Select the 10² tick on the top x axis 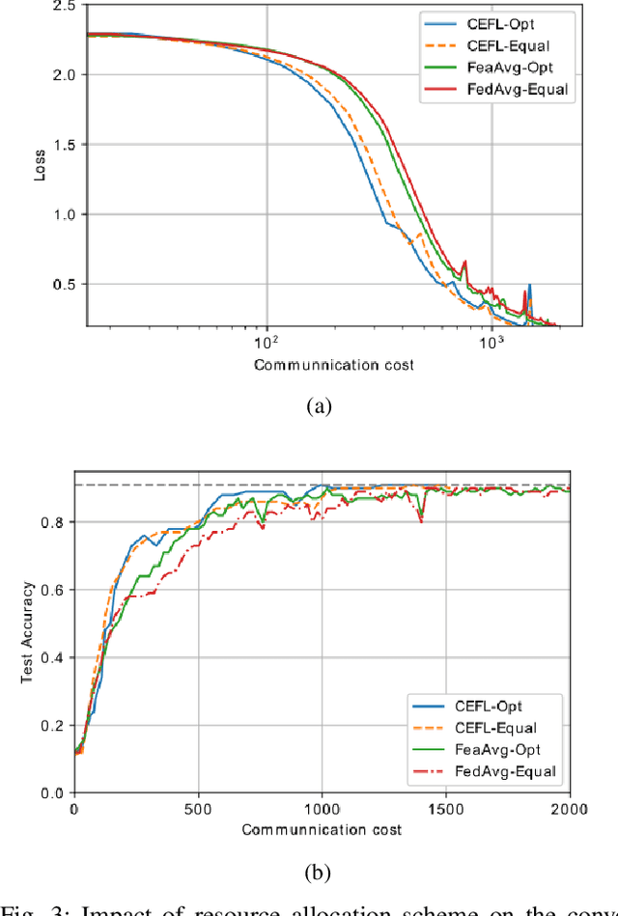267,343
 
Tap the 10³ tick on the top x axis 492,343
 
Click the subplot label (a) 319,407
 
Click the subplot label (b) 319,873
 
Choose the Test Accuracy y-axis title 29,632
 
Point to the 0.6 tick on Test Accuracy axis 56,591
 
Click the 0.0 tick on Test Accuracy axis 56,793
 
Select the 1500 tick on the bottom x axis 446,809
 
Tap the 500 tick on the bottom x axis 199,809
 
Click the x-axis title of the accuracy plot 322,829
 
